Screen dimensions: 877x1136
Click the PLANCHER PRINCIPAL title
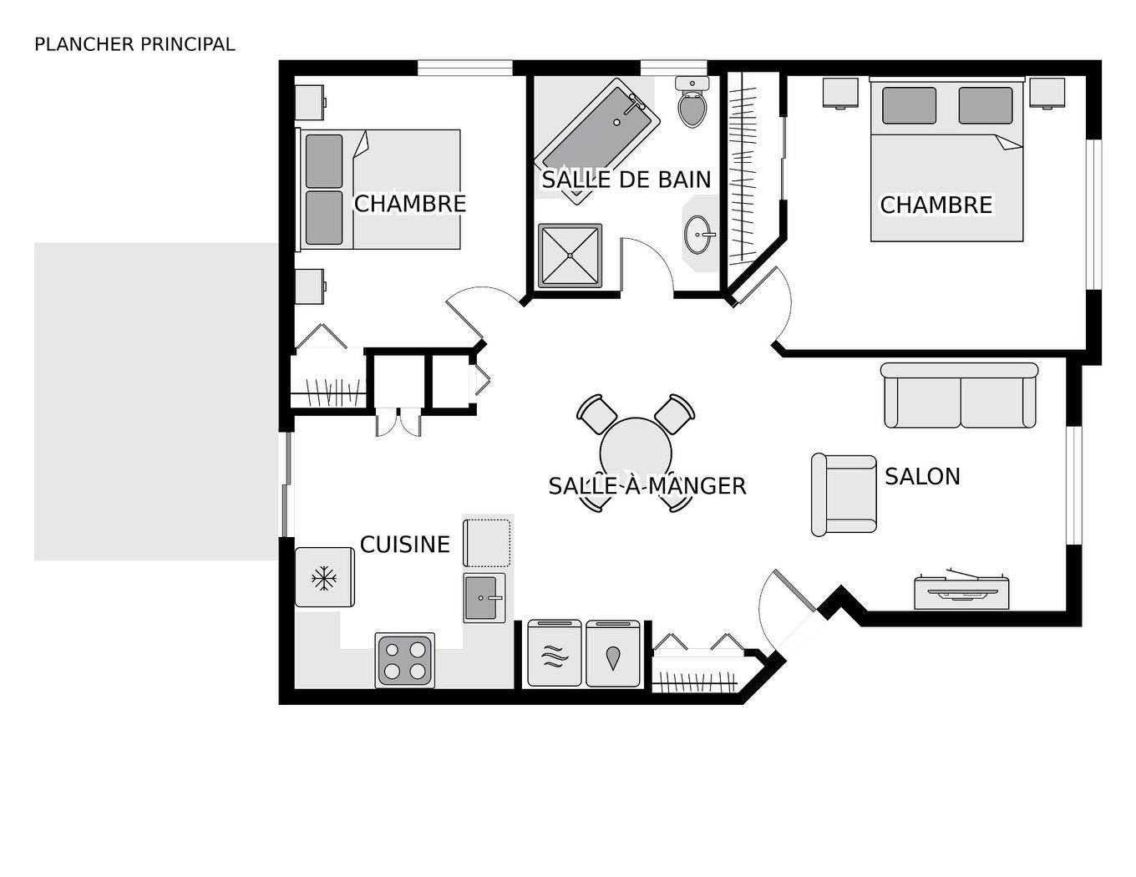coord(134,44)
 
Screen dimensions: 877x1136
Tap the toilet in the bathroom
coord(692,104)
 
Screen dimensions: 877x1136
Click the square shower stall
coord(570,255)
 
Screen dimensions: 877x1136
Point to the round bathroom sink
coord(698,235)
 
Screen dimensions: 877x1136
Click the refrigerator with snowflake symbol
coord(324,577)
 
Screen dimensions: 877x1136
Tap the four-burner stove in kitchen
coord(405,660)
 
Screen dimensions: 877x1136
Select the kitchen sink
coord(484,597)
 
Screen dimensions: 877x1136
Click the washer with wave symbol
coord(555,654)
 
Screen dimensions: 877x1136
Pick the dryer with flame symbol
coord(613,654)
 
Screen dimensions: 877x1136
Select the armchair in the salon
coord(844,494)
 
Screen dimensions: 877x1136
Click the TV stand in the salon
coord(961,592)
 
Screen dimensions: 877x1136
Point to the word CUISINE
coord(405,545)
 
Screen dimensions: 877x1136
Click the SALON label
coord(922,476)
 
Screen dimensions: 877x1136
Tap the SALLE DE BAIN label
coord(626,180)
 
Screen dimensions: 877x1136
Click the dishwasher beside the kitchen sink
coord(487,542)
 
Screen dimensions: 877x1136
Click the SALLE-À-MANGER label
coord(647,486)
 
